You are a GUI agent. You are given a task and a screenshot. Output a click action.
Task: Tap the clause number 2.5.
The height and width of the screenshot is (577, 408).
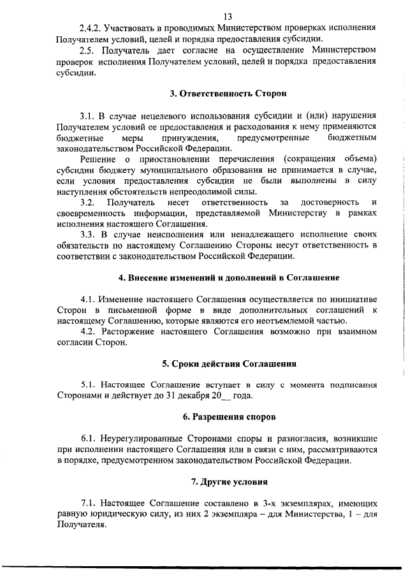(89, 50)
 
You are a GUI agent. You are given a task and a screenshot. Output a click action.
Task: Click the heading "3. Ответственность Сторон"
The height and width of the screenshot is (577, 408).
(228, 93)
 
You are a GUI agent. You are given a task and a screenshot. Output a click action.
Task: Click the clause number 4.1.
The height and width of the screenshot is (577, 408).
(89, 299)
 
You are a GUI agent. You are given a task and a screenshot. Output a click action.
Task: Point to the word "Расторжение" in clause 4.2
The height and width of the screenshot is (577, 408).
(135, 332)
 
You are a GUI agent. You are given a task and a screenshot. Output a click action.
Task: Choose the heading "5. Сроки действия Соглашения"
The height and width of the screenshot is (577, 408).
(229, 364)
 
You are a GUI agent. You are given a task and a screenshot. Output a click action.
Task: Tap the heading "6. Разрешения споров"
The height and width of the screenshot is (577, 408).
(228, 418)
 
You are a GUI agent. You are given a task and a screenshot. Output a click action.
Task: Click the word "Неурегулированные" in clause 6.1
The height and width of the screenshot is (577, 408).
(140, 439)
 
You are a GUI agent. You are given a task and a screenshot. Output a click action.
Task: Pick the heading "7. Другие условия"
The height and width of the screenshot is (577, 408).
(229, 482)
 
